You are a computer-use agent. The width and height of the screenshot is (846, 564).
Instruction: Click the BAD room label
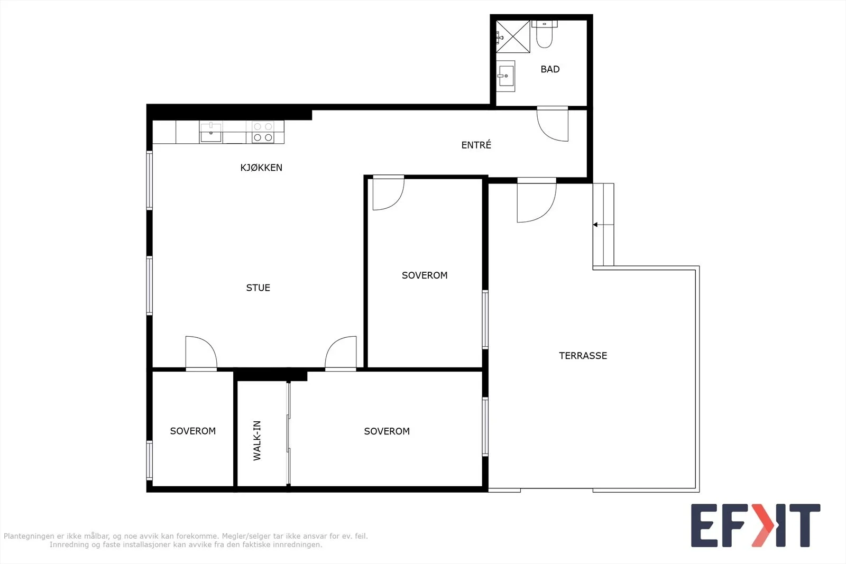coord(550,69)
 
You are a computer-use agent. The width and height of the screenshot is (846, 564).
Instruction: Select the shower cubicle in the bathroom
coord(513,36)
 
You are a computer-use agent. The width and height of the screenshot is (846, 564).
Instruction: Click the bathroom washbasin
coord(505,76)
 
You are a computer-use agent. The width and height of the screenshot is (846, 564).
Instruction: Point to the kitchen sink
coord(211,132)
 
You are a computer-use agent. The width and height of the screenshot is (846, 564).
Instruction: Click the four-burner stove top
coord(263,132)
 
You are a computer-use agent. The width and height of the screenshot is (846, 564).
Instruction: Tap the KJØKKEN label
coord(261,168)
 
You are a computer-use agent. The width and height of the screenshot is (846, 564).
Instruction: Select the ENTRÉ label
coord(476,145)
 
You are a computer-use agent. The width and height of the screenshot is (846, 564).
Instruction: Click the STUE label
coord(258,288)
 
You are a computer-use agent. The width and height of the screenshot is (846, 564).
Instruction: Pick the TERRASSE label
coord(583,356)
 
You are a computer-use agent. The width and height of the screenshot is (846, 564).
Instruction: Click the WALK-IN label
coord(257,440)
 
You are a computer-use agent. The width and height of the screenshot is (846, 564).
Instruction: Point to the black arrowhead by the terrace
coord(595,225)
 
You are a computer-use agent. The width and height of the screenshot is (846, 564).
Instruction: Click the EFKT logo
coord(756,525)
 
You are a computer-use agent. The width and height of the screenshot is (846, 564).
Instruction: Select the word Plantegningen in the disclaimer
coord(29,536)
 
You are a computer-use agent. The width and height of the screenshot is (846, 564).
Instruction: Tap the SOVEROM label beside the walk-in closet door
coord(387,431)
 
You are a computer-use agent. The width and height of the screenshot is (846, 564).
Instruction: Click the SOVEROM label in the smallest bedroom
coord(192,431)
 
